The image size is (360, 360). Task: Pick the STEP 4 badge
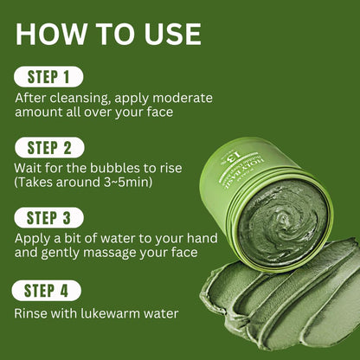(x=48, y=291)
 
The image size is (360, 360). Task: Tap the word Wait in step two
(x=29, y=165)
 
